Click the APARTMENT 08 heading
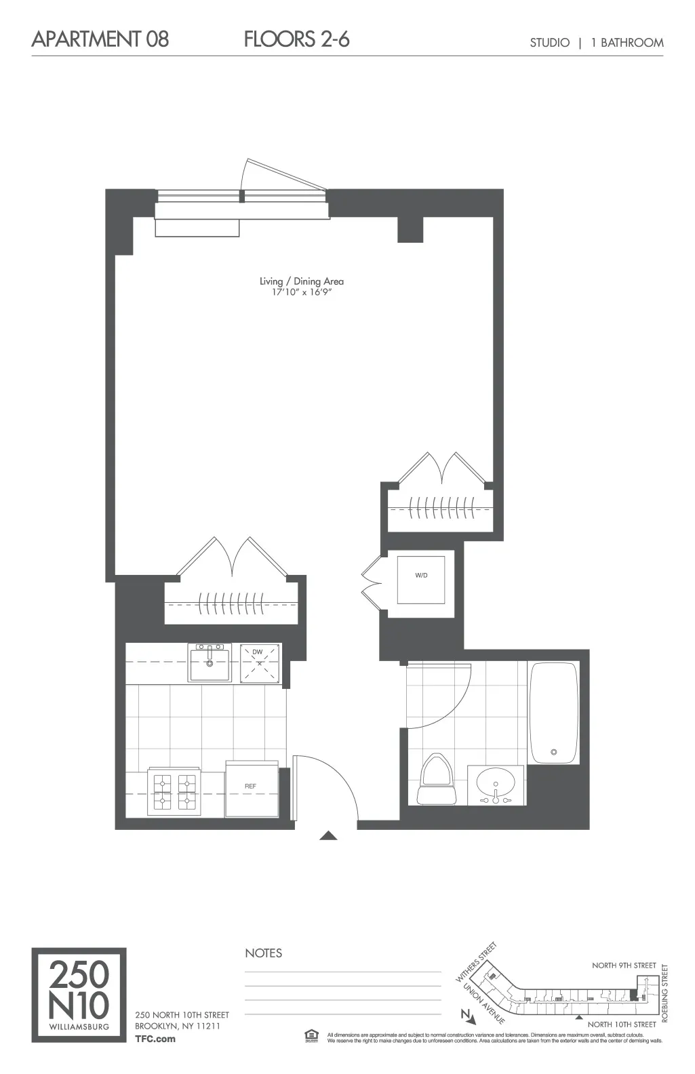click(x=100, y=39)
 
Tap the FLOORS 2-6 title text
click(x=296, y=39)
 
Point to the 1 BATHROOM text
click(x=627, y=43)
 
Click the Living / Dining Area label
click(x=302, y=281)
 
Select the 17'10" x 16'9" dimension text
click(x=302, y=293)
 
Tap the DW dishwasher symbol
click(x=259, y=662)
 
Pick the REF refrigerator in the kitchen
click(x=252, y=787)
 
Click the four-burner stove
click(x=173, y=791)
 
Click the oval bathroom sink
click(x=498, y=784)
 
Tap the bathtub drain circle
click(x=554, y=752)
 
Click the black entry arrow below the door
click(x=328, y=835)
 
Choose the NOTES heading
click(x=264, y=953)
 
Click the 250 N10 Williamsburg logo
click(x=79, y=995)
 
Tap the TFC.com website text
click(x=155, y=1038)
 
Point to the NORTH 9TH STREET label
click(x=624, y=966)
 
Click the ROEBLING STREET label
click(x=665, y=993)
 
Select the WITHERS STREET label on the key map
click(x=476, y=961)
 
